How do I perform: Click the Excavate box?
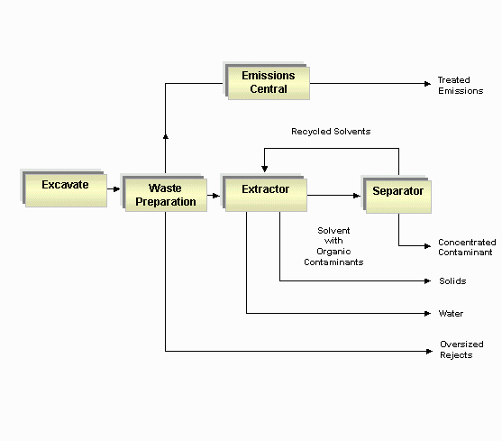click(x=64, y=188)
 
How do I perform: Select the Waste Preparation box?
click(x=164, y=192)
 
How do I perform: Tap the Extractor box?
click(x=264, y=192)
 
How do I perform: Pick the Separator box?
click(x=397, y=195)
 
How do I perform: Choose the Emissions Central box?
click(x=267, y=80)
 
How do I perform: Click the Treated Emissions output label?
click(x=461, y=86)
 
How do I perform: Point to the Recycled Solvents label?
click(x=331, y=132)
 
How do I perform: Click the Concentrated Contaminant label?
click(x=467, y=247)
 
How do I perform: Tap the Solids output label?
click(x=452, y=281)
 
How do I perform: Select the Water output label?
click(x=451, y=314)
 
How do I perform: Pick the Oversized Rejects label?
click(x=461, y=350)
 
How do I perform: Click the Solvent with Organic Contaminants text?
click(x=333, y=246)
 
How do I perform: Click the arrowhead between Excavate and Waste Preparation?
click(x=117, y=189)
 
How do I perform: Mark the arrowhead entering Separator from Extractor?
click(x=357, y=196)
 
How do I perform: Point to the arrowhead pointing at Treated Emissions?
click(x=428, y=84)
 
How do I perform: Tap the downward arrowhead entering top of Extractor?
click(x=264, y=169)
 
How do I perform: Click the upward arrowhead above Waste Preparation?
click(x=166, y=137)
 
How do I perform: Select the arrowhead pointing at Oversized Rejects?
click(x=429, y=352)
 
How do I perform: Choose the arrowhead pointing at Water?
click(x=427, y=314)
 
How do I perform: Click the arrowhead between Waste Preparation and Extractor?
click(x=216, y=196)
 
